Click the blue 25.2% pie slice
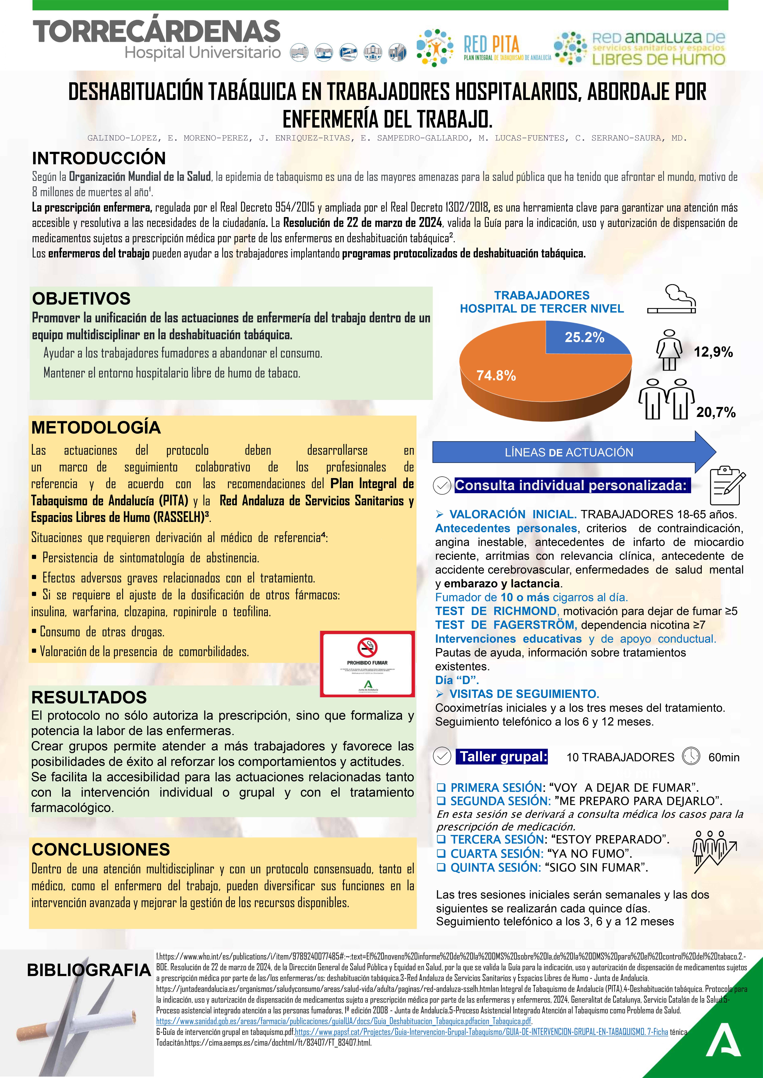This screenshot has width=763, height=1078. coord(585,337)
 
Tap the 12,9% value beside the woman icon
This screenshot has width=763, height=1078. coord(713,352)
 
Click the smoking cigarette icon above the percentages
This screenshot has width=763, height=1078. coord(672,299)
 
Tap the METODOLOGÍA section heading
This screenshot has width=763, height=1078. coord(96,427)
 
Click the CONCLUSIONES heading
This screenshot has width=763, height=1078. coord(101,849)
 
